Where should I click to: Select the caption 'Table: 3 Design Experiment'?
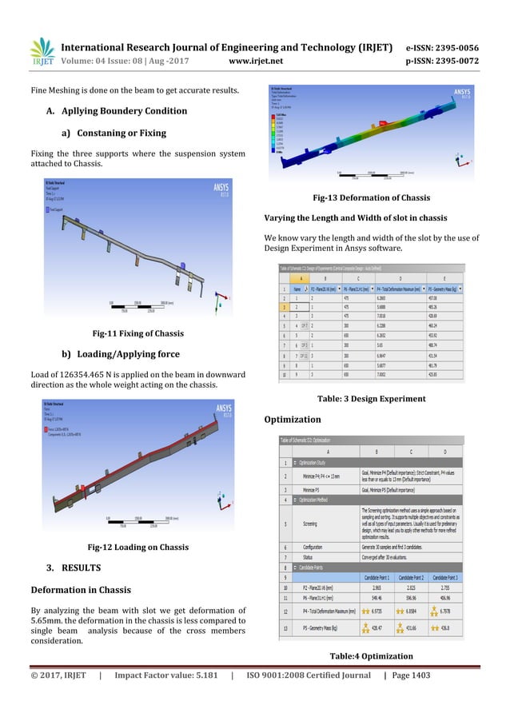point(370,398)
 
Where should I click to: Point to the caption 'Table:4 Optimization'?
point(370,656)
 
